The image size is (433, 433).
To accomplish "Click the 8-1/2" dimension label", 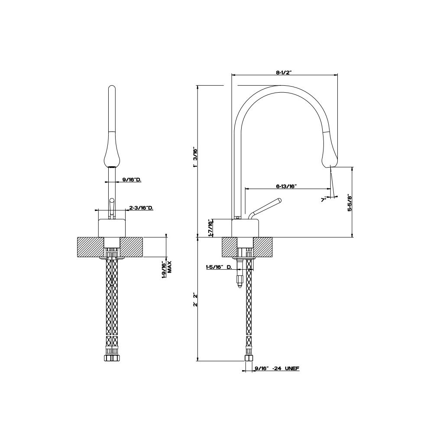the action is (x=284, y=72).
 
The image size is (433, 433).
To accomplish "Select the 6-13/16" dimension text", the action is (x=286, y=186).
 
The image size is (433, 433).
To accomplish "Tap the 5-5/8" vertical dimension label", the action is (x=349, y=203).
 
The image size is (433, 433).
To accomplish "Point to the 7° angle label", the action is (x=323, y=199).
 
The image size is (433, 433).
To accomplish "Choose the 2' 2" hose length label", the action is (x=195, y=300).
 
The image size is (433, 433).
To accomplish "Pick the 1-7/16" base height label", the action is (x=211, y=228).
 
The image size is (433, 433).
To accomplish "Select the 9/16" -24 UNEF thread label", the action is (x=277, y=368).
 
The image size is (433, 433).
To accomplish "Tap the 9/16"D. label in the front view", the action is (x=132, y=180).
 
